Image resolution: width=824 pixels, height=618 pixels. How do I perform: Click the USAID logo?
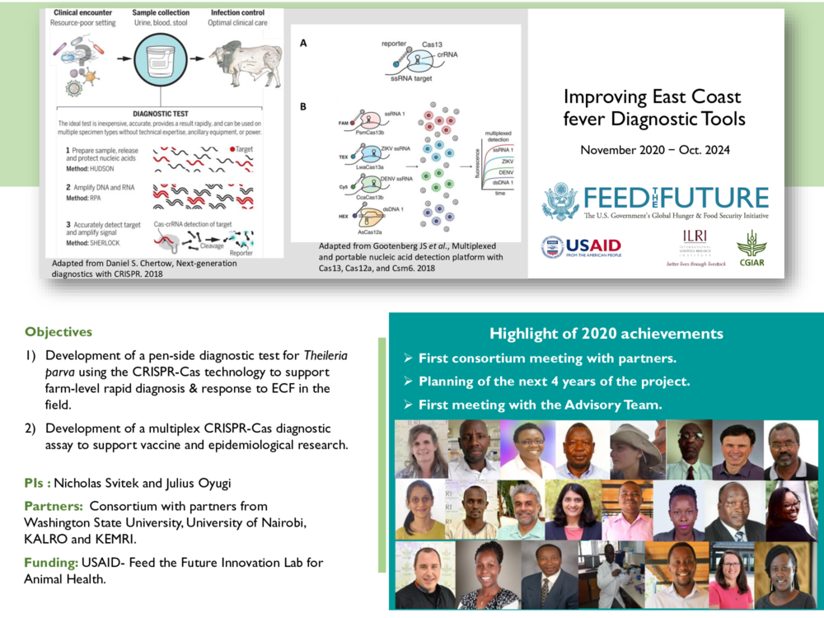tap(581, 246)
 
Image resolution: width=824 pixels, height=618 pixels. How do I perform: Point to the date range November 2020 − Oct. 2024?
tap(656, 150)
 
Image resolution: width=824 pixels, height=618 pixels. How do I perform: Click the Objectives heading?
tap(59, 332)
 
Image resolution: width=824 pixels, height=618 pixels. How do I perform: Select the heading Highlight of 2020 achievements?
tap(606, 334)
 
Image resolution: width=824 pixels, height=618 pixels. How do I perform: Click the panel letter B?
tap(302, 106)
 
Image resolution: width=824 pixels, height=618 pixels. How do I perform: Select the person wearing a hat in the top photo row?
tap(635, 449)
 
